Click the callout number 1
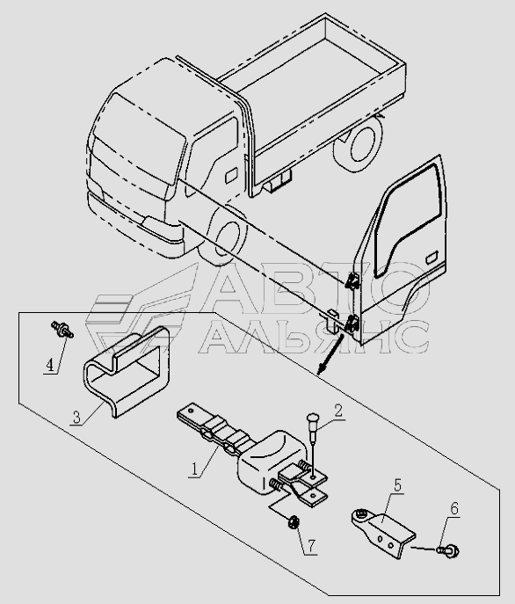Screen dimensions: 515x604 (195, 469)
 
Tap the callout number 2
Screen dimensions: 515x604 (338, 411)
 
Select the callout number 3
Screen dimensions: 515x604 (76, 418)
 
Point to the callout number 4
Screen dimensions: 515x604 (50, 365)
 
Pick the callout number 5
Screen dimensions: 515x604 (397, 485)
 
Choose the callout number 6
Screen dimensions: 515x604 (454, 509)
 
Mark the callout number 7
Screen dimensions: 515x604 (311, 546)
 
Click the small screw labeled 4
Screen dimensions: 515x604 (62, 330)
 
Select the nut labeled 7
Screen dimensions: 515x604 (294, 523)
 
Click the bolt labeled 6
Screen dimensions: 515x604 (448, 551)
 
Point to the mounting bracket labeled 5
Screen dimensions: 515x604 (383, 533)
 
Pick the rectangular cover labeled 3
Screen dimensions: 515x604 (127, 371)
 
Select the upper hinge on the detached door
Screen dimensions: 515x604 (352, 281)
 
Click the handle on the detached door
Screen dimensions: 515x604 (432, 258)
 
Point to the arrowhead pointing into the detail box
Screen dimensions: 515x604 (320, 370)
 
